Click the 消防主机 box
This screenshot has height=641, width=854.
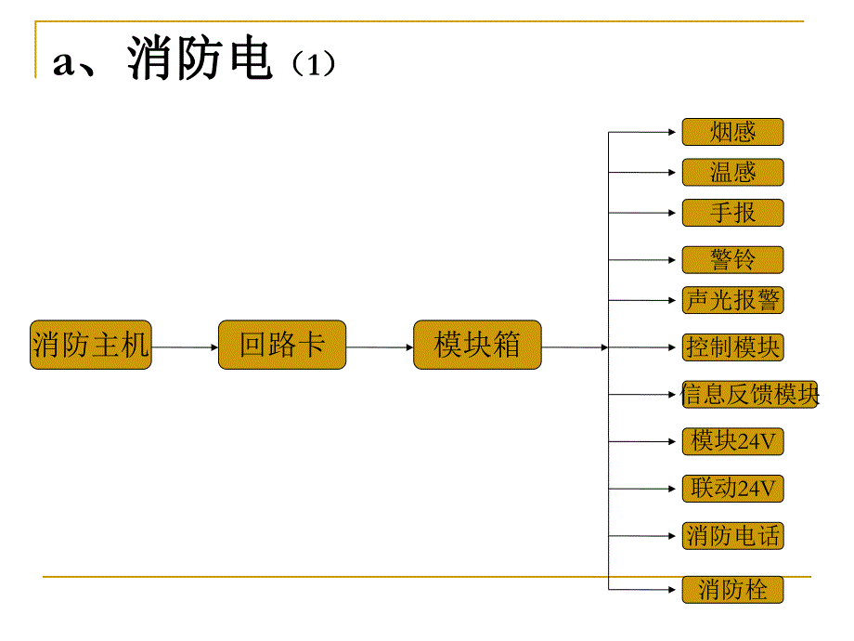pyautogui.click(x=90, y=346)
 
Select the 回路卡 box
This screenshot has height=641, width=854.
pyautogui.click(x=281, y=346)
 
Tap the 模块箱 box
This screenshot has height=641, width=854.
pyautogui.click(x=477, y=346)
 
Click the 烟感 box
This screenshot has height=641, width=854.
pyautogui.click(x=732, y=132)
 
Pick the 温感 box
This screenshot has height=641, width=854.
pyautogui.click(x=732, y=173)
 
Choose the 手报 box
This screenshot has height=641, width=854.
pyautogui.click(x=732, y=213)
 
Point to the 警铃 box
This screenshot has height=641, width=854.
pyautogui.click(x=732, y=260)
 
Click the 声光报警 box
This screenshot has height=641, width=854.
pyautogui.click(x=732, y=300)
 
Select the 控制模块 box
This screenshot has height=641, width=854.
pyautogui.click(x=732, y=347)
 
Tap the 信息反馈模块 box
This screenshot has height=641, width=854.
pyautogui.click(x=750, y=395)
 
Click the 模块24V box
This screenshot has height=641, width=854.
pyautogui.click(x=732, y=441)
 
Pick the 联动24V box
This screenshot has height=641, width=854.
pyautogui.click(x=732, y=489)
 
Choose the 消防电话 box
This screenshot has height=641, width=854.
pyautogui.click(x=732, y=536)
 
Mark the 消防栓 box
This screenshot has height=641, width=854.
pyautogui.click(x=732, y=589)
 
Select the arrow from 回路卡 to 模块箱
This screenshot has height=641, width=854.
pyautogui.click(x=380, y=347)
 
